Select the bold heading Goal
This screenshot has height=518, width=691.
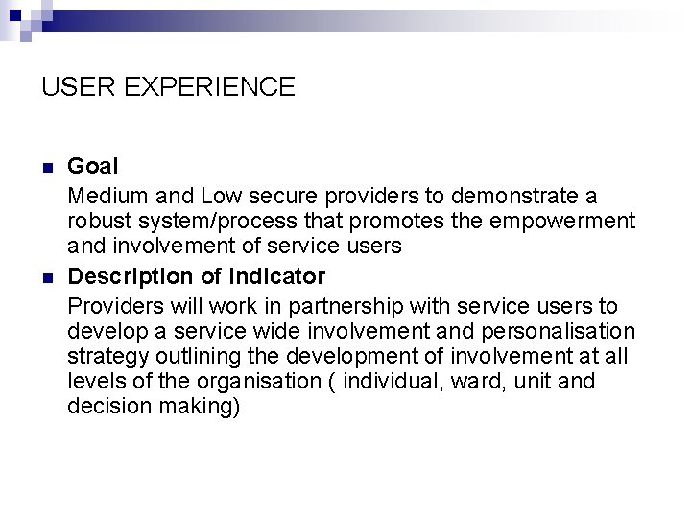point(93,167)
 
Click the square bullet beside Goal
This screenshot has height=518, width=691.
point(48,168)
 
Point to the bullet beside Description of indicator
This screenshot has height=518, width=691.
point(48,277)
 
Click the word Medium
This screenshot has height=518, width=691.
point(106,197)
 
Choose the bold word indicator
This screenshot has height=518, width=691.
point(277,276)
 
